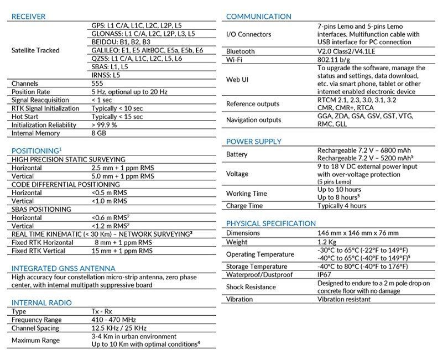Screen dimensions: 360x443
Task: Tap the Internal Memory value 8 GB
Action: click(x=100, y=133)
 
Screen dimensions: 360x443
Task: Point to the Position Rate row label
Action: click(x=31, y=92)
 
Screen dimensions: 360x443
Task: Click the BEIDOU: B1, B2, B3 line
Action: click(x=119, y=42)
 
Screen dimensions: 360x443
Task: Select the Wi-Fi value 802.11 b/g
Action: click(x=334, y=60)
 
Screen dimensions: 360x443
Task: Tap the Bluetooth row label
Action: click(x=241, y=51)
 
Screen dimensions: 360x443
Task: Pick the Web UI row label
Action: click(x=238, y=80)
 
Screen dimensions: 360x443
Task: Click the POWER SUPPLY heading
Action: click(x=254, y=142)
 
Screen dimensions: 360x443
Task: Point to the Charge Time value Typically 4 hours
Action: click(x=342, y=206)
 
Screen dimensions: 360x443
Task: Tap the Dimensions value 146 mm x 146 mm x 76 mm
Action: click(x=358, y=233)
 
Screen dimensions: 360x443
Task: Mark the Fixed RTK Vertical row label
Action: click(x=40, y=251)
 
